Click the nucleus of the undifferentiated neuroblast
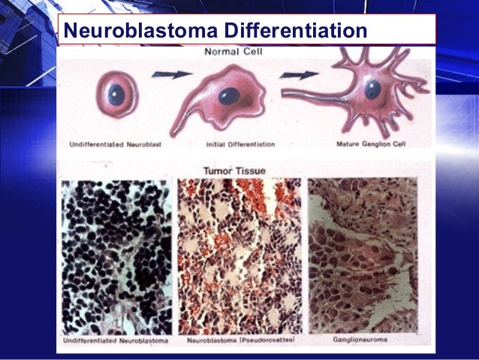[116, 95]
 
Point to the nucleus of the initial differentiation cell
[229, 96]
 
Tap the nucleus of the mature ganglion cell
[373, 89]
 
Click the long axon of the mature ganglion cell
[315, 93]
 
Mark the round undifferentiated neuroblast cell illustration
[116, 95]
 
